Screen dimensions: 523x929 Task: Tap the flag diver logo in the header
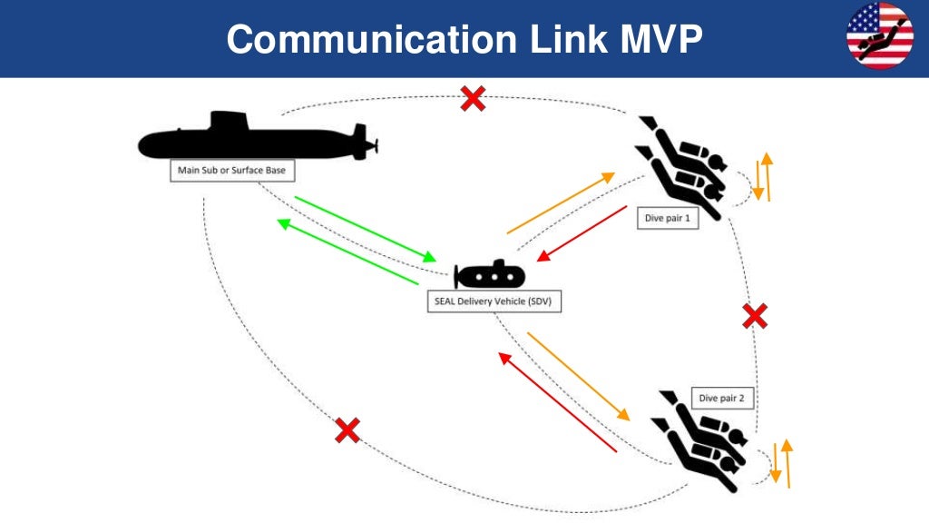click(x=879, y=35)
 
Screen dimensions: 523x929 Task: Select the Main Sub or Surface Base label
click(x=232, y=171)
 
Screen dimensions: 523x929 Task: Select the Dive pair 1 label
click(x=666, y=218)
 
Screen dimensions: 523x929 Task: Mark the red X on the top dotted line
click(x=472, y=98)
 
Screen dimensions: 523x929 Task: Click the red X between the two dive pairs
click(x=754, y=316)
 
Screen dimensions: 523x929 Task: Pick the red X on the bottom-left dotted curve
click(x=347, y=429)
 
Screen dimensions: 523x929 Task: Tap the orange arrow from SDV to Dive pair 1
click(x=561, y=203)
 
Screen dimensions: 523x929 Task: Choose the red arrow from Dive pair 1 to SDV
click(x=581, y=233)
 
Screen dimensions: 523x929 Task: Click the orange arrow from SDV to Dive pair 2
click(x=578, y=375)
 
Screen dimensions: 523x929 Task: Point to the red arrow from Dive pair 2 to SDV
click(x=557, y=402)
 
